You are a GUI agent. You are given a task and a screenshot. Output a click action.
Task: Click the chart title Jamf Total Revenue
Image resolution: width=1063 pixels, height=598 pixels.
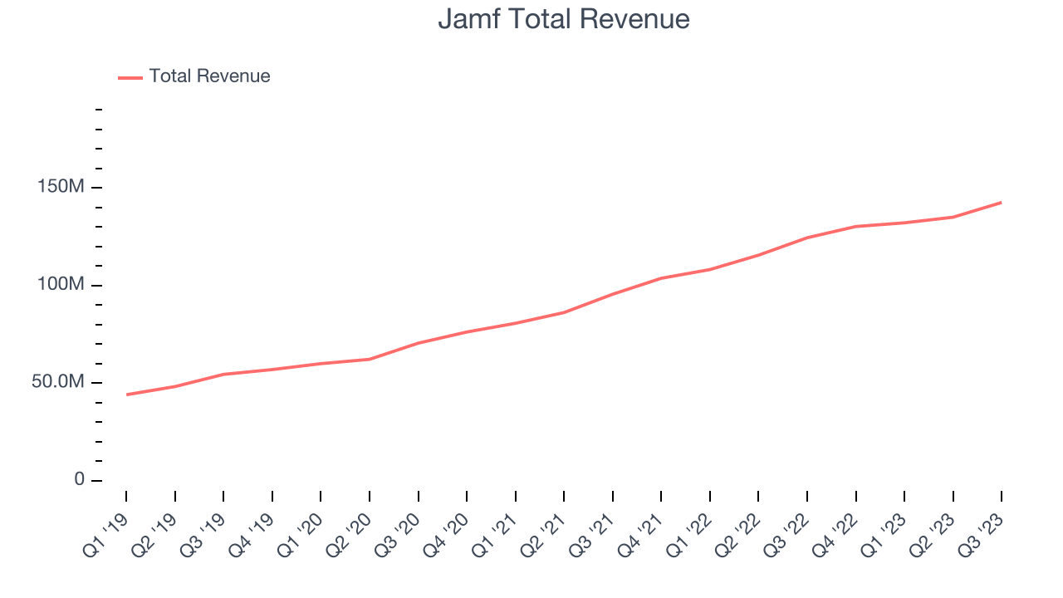click(x=564, y=19)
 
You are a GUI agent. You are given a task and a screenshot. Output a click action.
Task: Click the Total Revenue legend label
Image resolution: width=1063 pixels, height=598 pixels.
click(x=209, y=76)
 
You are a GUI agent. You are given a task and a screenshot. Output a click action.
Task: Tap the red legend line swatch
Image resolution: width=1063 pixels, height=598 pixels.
click(x=130, y=77)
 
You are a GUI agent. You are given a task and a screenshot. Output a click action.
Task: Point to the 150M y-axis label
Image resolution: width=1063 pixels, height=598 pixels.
click(x=61, y=188)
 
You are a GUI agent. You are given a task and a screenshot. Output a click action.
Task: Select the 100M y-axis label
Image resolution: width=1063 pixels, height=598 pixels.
click(x=61, y=285)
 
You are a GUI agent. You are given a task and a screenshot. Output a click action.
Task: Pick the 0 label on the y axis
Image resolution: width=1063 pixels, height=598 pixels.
click(x=79, y=480)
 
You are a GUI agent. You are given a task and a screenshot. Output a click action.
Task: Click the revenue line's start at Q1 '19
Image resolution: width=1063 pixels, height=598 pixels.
click(x=126, y=395)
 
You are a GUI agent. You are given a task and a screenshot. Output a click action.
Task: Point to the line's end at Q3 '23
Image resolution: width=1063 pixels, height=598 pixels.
click(x=1001, y=203)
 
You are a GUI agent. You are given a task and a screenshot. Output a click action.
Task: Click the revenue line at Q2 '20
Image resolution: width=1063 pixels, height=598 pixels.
click(x=370, y=359)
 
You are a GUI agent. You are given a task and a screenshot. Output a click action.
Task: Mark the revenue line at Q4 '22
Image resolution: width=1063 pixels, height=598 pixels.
click(x=855, y=226)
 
